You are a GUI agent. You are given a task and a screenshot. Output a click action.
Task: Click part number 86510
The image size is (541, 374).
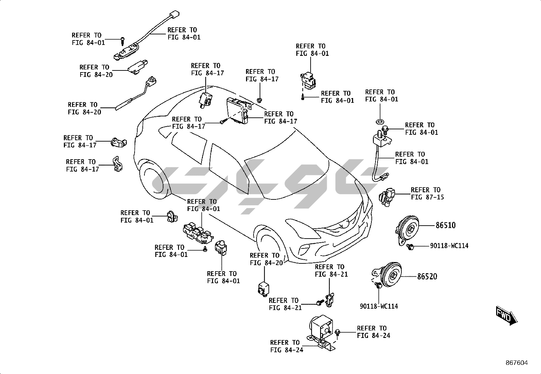click(x=446, y=225)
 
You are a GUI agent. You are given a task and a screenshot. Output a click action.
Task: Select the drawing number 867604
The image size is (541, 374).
click(x=516, y=363)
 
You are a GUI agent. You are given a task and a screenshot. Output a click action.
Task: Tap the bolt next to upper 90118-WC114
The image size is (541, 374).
click(x=411, y=246)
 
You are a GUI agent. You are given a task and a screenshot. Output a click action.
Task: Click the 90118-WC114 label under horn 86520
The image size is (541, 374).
click(x=379, y=306)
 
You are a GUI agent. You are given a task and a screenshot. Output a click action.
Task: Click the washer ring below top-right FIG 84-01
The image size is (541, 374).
click(x=380, y=121)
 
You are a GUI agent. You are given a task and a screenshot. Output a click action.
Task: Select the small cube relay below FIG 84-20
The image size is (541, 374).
click(x=264, y=288)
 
